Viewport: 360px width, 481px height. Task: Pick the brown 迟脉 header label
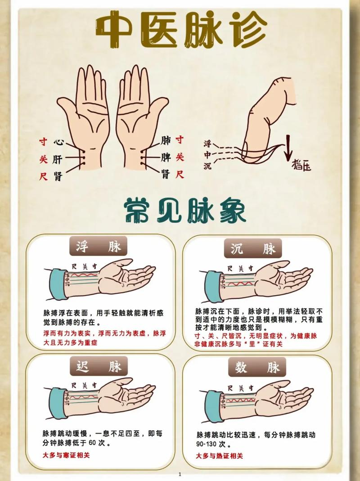[x=99, y=366]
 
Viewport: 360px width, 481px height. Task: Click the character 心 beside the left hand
[x=58, y=142]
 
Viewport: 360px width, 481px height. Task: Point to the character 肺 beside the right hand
[x=166, y=141]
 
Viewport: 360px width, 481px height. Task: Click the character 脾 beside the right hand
[x=166, y=157]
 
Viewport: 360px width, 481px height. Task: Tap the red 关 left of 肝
[x=43, y=159]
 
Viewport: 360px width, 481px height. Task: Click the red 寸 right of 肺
[x=180, y=140]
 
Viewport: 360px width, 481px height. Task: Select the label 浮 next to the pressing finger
[x=207, y=144]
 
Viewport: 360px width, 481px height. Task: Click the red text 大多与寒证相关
[x=66, y=455]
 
